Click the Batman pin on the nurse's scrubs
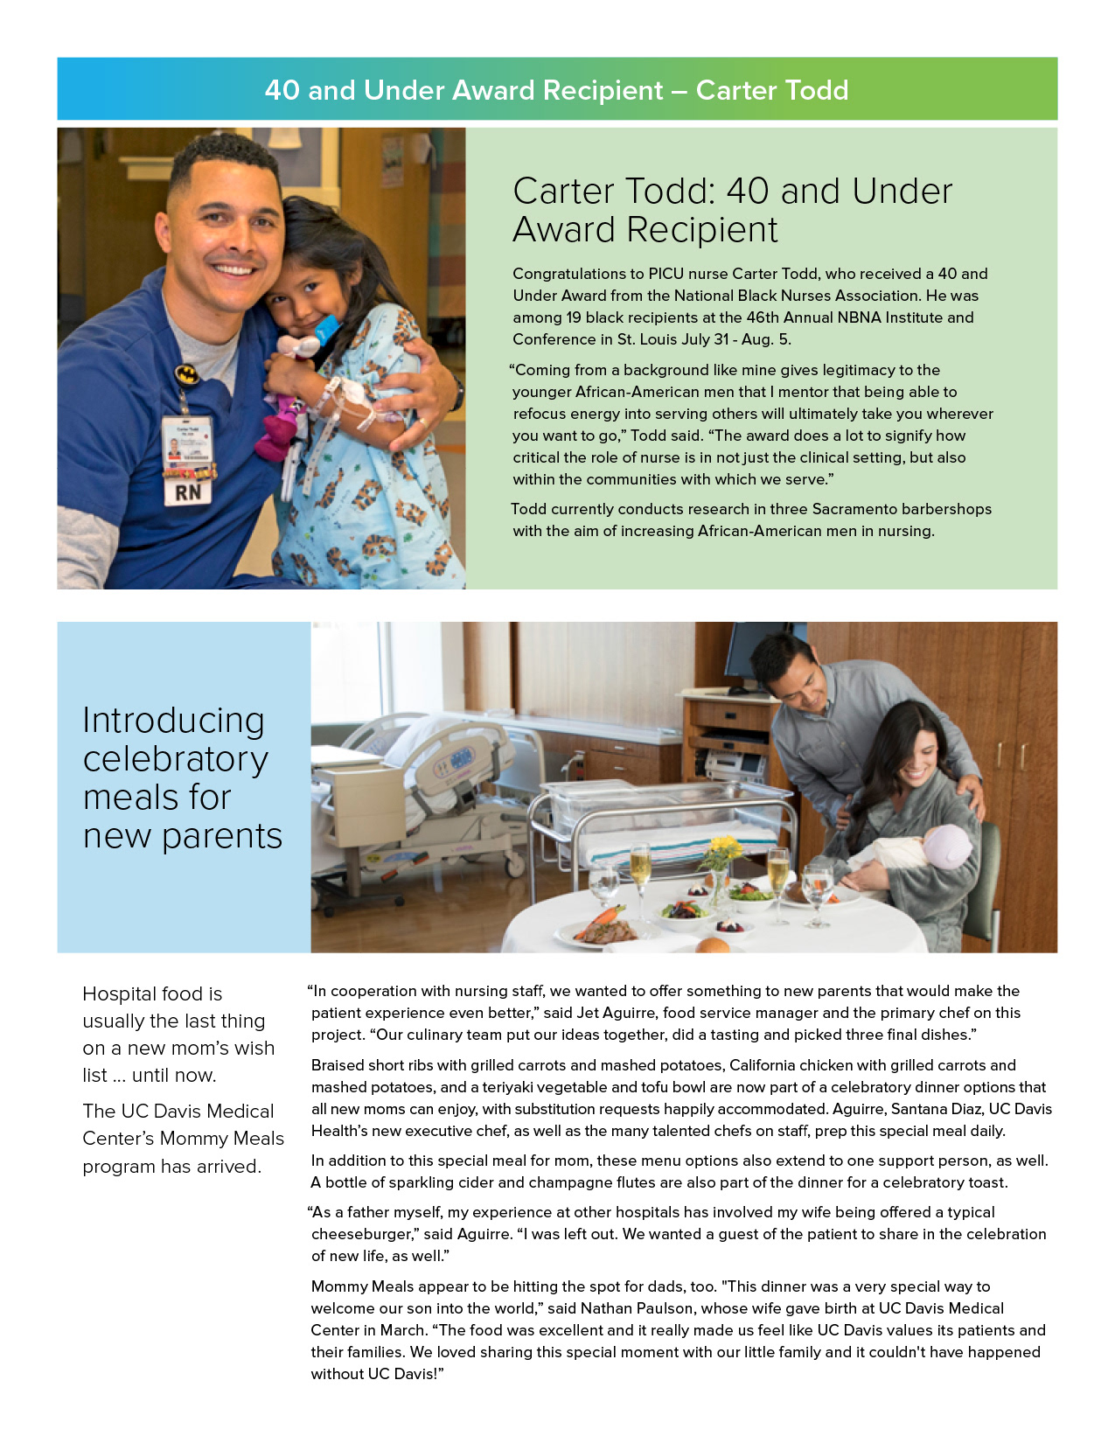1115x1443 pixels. (186, 374)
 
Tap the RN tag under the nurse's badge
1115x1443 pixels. (188, 492)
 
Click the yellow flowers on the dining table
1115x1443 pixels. (725, 847)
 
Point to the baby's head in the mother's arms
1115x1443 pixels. (947, 847)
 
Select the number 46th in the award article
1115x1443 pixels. (767, 317)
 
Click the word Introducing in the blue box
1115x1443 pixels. (173, 721)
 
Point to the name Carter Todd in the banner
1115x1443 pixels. (771, 90)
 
